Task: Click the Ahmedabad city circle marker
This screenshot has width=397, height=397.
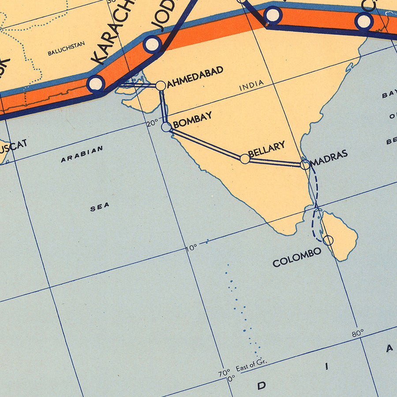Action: [161, 86]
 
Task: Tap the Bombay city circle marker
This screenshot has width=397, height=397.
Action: [166, 127]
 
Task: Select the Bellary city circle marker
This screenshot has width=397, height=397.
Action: [245, 159]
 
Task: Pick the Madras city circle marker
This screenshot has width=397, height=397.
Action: [305, 165]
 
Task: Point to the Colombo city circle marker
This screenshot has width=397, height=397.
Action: [328, 240]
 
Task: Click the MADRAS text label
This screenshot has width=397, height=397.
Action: [329, 157]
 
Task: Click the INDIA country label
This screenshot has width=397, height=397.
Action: [251, 85]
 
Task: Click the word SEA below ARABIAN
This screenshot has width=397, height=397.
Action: [100, 206]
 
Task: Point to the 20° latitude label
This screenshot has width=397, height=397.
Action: [152, 123]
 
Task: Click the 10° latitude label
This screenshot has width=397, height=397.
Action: [191, 248]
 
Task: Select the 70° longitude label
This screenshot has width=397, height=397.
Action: [224, 373]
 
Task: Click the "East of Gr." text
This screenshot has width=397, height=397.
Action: [251, 365]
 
